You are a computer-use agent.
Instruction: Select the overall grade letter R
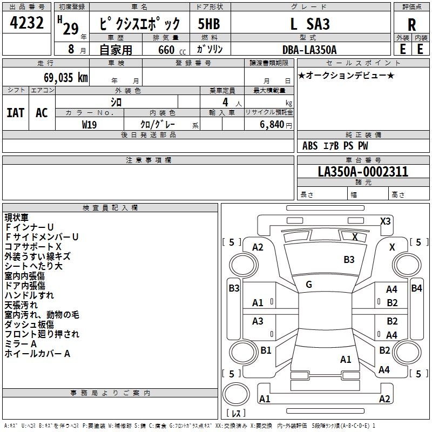tap(411, 25)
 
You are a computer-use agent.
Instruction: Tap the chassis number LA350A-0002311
tap(363, 172)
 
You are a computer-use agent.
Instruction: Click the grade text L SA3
tap(310, 24)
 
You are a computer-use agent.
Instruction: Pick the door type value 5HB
tap(209, 24)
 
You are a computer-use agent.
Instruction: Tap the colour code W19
tap(90, 124)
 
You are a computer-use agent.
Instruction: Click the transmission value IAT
tap(16, 113)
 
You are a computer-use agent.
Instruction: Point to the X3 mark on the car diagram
tap(385, 221)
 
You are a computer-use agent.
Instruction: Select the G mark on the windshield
tap(308, 284)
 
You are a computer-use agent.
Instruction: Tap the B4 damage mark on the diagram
tap(416, 288)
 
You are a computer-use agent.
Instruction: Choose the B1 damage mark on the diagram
tap(266, 350)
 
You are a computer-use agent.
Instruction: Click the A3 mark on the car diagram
tap(258, 321)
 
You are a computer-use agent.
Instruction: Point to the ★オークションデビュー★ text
tap(346, 75)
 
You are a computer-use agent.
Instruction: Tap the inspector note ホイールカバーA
tap(37, 354)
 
